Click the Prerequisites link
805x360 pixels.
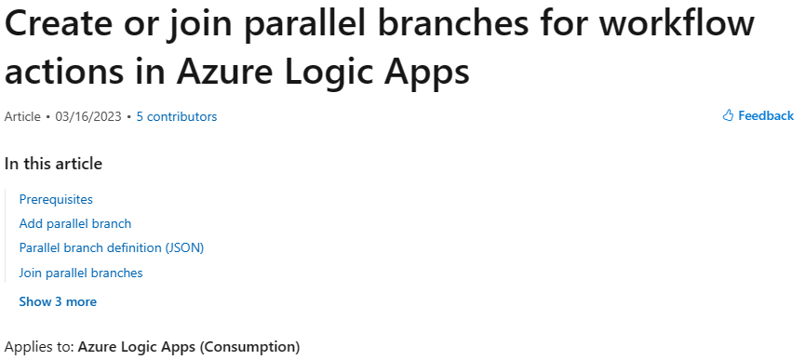point(56,199)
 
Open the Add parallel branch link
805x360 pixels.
point(75,223)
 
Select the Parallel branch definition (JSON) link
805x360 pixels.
point(111,248)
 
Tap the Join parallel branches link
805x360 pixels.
point(81,273)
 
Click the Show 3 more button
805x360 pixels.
point(58,301)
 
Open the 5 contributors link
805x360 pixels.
point(177,116)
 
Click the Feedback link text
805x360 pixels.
point(766,116)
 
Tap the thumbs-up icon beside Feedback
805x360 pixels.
point(729,116)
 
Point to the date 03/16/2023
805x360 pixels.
point(88,116)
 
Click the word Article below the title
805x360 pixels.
point(22,116)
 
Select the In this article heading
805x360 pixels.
point(53,164)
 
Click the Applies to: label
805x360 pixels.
point(39,347)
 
